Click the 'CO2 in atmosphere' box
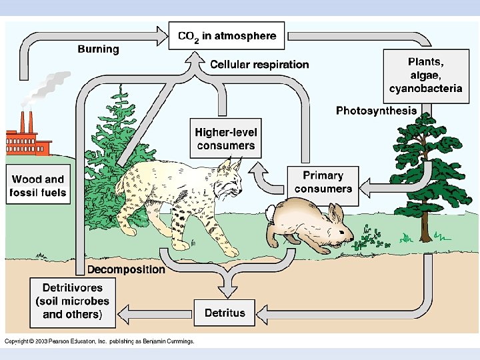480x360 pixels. click(x=227, y=36)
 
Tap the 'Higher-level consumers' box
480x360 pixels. click(x=225, y=139)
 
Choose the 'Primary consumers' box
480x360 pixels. click(x=323, y=182)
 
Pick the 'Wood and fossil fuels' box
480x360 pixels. click(x=38, y=186)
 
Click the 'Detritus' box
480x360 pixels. click(x=225, y=313)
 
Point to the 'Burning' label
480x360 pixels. click(x=99, y=49)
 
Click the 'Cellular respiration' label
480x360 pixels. click(x=260, y=65)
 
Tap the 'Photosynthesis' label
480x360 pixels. click(x=376, y=111)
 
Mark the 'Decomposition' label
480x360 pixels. click(x=126, y=269)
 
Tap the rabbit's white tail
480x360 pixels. click(x=269, y=214)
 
